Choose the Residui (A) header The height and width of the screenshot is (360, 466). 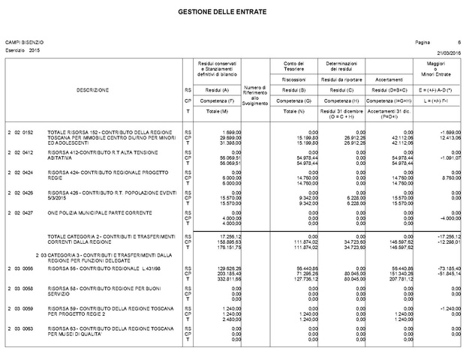(217, 90)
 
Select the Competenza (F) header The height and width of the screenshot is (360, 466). (217, 100)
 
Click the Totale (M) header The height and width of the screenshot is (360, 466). (217, 111)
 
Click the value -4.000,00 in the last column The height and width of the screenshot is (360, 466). (448, 218)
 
